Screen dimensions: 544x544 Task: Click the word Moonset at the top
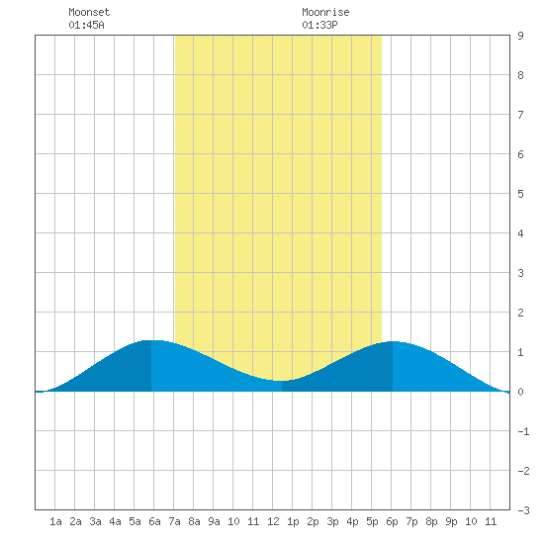tap(89, 12)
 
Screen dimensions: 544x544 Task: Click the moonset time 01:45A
tap(86, 25)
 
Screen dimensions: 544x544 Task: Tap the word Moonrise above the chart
tap(325, 12)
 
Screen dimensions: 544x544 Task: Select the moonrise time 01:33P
tap(319, 25)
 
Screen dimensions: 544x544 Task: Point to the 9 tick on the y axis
tap(520, 36)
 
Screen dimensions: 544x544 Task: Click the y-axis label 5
tap(520, 194)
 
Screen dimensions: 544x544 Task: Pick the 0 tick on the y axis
tap(520, 392)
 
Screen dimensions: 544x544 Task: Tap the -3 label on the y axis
tap(523, 510)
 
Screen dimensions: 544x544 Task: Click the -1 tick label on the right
tap(523, 431)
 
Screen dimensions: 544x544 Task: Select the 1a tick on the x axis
tap(55, 521)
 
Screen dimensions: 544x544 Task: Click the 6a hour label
tap(154, 521)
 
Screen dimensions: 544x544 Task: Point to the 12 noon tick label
tap(273, 521)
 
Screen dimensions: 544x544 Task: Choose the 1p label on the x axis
tap(293, 521)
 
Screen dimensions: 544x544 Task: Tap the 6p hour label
tap(392, 521)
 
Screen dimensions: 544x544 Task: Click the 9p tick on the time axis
tap(451, 521)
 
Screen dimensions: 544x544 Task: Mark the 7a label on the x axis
tap(174, 521)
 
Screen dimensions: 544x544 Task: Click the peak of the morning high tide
tap(151, 340)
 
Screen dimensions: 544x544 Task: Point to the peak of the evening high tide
tap(393, 342)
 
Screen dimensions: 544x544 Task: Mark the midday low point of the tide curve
tap(282, 381)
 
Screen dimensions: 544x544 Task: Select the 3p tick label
tap(332, 521)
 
